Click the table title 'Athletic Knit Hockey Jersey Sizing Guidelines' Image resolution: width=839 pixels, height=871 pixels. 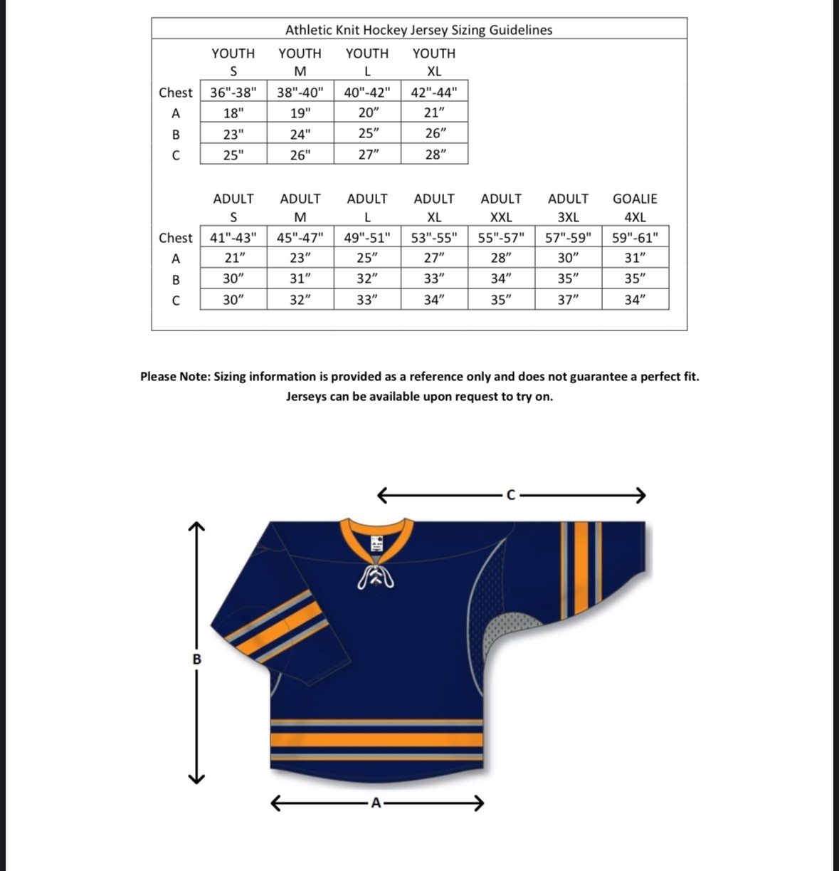[x=418, y=30]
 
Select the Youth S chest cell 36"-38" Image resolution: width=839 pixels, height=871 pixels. [x=233, y=93]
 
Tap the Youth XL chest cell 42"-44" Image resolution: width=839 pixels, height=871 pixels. [x=434, y=93]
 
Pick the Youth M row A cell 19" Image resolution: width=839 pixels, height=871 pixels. [x=300, y=113]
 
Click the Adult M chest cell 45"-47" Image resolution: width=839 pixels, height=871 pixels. [x=300, y=238]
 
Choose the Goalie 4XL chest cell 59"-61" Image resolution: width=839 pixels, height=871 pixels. [x=635, y=238]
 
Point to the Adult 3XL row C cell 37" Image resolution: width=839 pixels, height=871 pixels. [x=568, y=300]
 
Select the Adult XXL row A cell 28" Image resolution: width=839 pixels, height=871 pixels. [x=501, y=259]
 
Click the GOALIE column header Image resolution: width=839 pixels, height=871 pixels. [x=635, y=199]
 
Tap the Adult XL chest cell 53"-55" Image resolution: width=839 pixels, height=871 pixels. [x=434, y=238]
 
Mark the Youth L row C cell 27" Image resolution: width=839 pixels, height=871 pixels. [x=367, y=155]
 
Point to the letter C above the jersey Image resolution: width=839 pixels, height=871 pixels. [x=510, y=495]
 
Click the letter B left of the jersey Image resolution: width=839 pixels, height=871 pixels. [x=196, y=659]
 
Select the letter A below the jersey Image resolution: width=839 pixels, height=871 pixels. [x=376, y=804]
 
